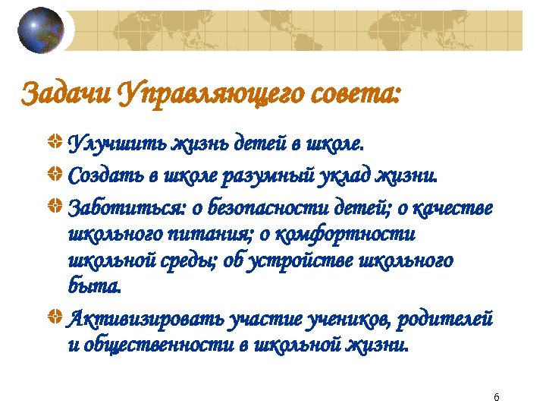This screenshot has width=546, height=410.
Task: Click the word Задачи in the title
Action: (x=66, y=96)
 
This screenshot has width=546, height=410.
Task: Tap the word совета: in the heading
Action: (x=354, y=96)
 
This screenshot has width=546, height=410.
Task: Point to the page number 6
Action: (x=496, y=398)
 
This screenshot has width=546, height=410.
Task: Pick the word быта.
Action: (x=93, y=289)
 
